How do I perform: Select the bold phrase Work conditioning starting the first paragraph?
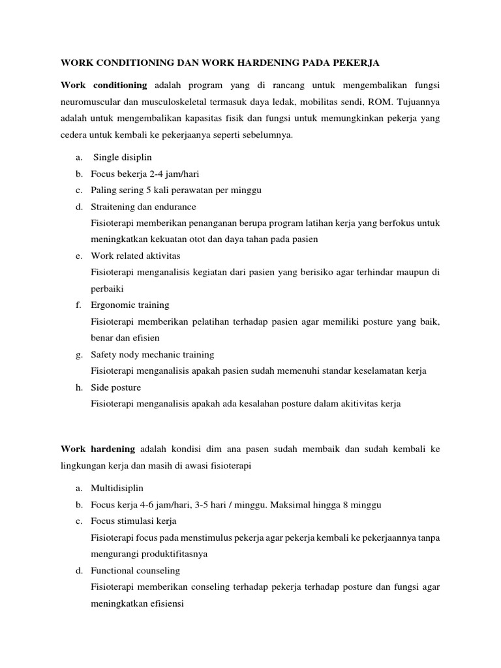104,85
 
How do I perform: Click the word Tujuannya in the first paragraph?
415,102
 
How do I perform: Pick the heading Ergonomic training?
130,305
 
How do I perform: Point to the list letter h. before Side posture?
78,387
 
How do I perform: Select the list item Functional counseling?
135,570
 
